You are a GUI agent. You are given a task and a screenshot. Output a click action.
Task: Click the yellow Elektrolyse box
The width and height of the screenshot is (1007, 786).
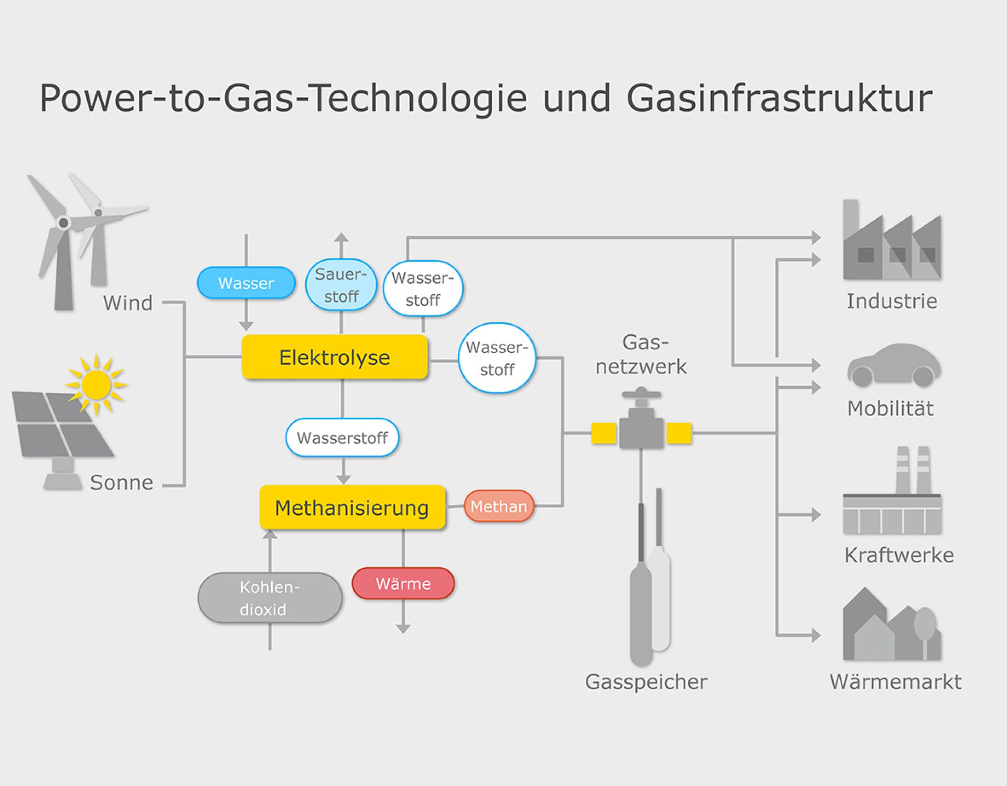pyautogui.click(x=335, y=357)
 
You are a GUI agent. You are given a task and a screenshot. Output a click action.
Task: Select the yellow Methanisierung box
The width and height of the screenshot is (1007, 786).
pyautogui.click(x=352, y=507)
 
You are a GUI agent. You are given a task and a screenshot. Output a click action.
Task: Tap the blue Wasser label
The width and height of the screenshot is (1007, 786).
pyautogui.click(x=246, y=283)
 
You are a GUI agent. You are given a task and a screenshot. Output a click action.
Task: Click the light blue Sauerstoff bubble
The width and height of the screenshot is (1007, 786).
pyautogui.click(x=341, y=285)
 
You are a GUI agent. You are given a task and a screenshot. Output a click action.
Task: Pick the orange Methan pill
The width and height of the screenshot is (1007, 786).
pyautogui.click(x=499, y=506)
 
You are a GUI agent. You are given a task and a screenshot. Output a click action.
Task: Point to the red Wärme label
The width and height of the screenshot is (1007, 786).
pyautogui.click(x=403, y=583)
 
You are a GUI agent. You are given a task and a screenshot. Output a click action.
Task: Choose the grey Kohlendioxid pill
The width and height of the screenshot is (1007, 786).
pyautogui.click(x=270, y=598)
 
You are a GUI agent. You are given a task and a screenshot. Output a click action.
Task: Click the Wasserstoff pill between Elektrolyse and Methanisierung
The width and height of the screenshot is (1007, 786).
pyautogui.click(x=342, y=438)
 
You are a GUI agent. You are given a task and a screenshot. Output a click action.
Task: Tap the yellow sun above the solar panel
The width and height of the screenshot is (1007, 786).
pyautogui.click(x=96, y=385)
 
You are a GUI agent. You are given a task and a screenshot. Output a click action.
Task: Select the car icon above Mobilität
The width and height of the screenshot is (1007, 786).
pyautogui.click(x=894, y=365)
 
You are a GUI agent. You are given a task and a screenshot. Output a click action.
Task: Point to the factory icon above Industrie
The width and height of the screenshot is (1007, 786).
pyautogui.click(x=892, y=240)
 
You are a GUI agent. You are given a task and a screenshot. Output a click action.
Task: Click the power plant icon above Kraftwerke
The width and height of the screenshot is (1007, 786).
pyautogui.click(x=892, y=490)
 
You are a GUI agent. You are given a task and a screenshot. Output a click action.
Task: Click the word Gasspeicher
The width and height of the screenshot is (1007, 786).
pyautogui.click(x=646, y=682)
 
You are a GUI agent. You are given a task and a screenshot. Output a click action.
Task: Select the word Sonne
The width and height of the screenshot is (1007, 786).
pyautogui.click(x=122, y=483)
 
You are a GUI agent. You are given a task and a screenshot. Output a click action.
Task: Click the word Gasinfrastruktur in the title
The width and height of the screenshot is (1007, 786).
pyautogui.click(x=779, y=98)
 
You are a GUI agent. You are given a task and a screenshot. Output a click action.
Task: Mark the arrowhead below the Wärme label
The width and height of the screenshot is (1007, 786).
pyautogui.click(x=403, y=629)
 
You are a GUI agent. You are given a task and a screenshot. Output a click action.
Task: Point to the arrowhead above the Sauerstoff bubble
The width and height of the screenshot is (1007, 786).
pyautogui.click(x=341, y=238)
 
